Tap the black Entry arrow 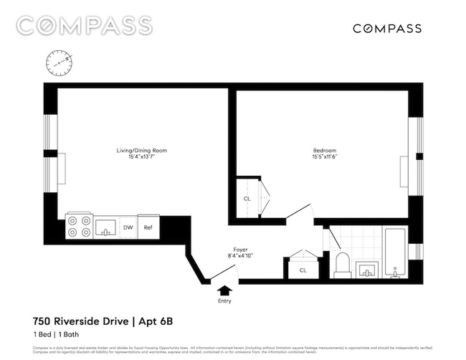pos(225,290)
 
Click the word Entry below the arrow pos(225,301)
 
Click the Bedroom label pos(324,150)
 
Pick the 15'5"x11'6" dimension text pos(324,157)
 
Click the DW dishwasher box pos(128,228)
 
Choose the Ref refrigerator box pos(148,228)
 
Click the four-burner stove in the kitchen pos(78,227)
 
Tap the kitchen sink pos(105,228)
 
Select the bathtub pos(395,252)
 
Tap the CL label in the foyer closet pos(303,270)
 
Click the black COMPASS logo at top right pos(387,29)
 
